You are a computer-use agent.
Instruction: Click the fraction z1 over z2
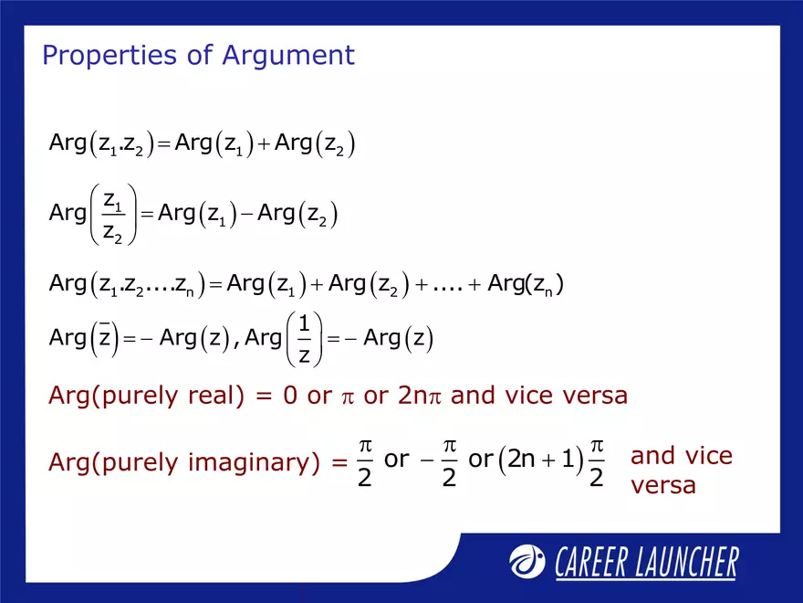pyautogui.click(x=114, y=214)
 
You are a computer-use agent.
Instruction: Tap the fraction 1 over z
pyautogui.click(x=305, y=339)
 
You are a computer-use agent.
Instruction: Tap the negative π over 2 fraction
pyautogui.click(x=442, y=460)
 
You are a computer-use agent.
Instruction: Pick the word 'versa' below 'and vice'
pyautogui.click(x=662, y=485)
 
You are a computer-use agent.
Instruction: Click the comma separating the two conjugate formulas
pyautogui.click(x=236, y=344)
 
